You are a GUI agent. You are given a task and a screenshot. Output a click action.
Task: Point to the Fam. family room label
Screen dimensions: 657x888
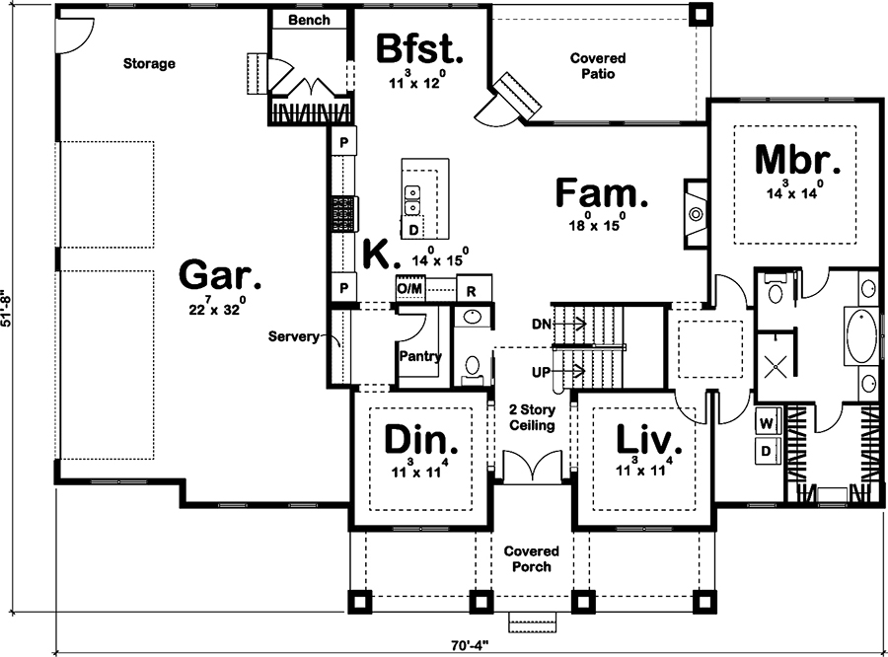602,193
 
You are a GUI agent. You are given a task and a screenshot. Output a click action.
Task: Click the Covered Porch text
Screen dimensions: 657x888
532,559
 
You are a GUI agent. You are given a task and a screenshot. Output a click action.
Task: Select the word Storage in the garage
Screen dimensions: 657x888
149,64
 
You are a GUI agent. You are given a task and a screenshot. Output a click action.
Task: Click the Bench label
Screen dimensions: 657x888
309,20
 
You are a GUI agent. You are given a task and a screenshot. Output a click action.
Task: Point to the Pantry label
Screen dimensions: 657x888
420,357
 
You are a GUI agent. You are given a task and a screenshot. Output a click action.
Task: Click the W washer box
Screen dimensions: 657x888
766,422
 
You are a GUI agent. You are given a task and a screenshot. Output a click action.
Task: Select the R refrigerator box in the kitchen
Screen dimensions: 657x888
472,290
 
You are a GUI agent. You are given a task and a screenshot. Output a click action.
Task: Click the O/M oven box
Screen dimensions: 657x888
409,288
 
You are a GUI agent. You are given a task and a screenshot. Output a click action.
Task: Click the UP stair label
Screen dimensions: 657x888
542,373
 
